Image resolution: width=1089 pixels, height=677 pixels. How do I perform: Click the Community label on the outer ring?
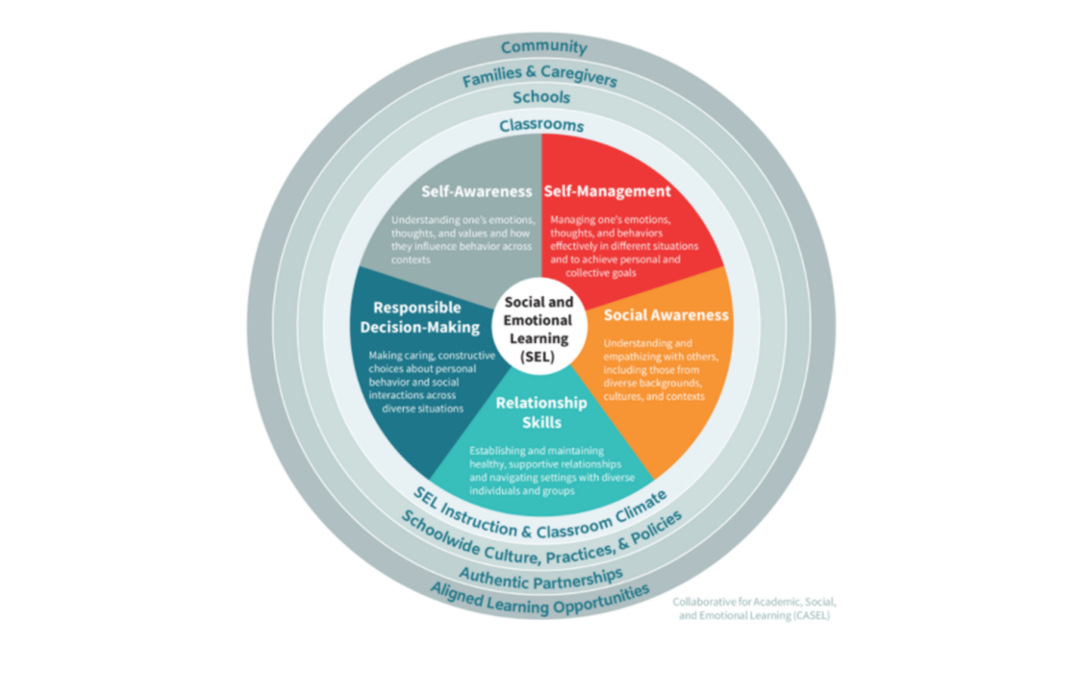(544, 46)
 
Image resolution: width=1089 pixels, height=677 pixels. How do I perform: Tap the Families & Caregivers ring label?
(539, 75)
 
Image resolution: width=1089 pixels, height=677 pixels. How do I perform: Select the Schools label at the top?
(542, 97)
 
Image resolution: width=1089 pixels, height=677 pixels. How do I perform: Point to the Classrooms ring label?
(542, 125)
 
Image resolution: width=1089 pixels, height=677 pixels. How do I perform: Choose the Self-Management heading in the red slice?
(607, 191)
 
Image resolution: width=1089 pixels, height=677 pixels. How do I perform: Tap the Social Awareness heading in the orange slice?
(666, 315)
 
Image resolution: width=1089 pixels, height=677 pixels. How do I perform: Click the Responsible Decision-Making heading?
(415, 318)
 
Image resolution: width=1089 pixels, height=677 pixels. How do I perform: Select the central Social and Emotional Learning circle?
(539, 329)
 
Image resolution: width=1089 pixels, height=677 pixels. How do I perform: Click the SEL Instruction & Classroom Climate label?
(539, 512)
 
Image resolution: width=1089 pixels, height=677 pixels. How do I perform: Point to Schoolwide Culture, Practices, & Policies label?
(542, 539)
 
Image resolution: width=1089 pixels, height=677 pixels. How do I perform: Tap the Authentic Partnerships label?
(541, 574)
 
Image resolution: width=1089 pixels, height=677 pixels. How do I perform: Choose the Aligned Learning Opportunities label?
(541, 599)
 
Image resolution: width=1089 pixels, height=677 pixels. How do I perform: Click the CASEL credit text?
(754, 608)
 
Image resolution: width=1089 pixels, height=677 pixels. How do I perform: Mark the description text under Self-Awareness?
(463, 239)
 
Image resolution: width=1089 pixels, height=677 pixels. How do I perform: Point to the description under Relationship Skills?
(552, 470)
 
